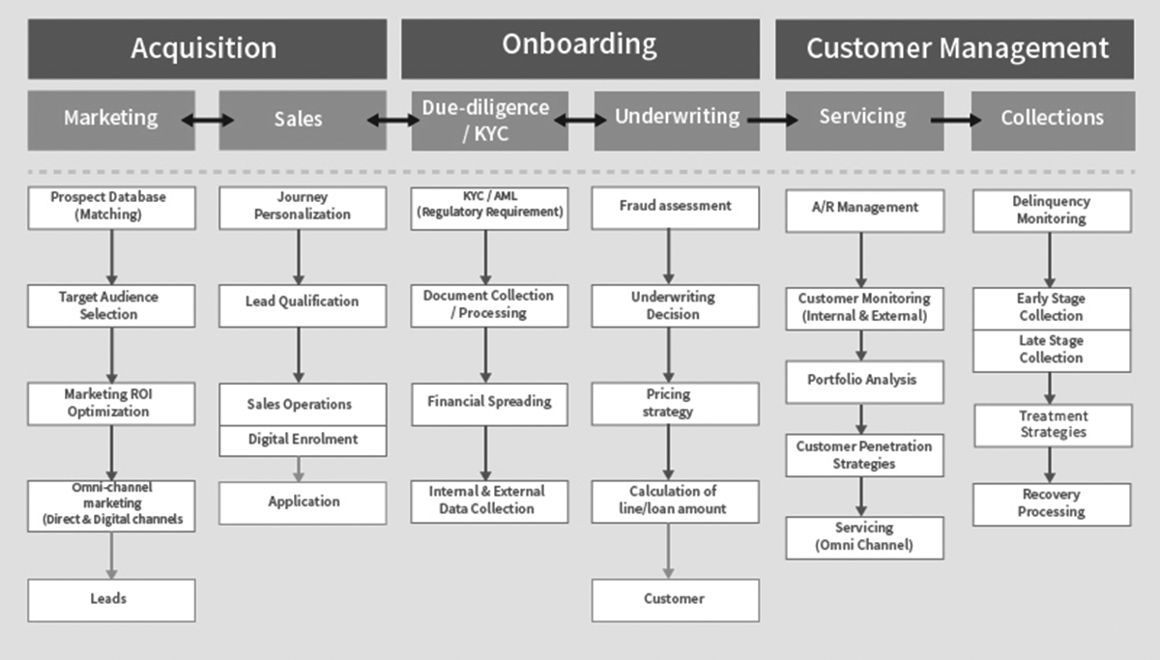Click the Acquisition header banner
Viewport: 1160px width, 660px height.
tap(206, 48)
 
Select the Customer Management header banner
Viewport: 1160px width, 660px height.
tap(955, 48)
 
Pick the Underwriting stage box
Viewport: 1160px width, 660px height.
tap(676, 121)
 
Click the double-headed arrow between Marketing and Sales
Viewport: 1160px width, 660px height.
tap(207, 121)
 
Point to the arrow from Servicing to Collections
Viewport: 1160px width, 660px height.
tap(957, 121)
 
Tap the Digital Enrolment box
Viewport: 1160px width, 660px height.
tap(303, 440)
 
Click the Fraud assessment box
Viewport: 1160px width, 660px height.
tap(676, 207)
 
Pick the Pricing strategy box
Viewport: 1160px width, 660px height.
tap(676, 403)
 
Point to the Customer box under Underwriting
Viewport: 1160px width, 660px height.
tap(676, 599)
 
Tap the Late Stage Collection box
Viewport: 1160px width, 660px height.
tap(1052, 351)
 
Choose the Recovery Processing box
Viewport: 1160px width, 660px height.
tap(1052, 503)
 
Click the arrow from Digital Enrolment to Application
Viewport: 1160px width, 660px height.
tap(299, 469)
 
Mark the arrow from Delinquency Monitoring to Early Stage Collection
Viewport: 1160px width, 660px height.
tap(1050, 259)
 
